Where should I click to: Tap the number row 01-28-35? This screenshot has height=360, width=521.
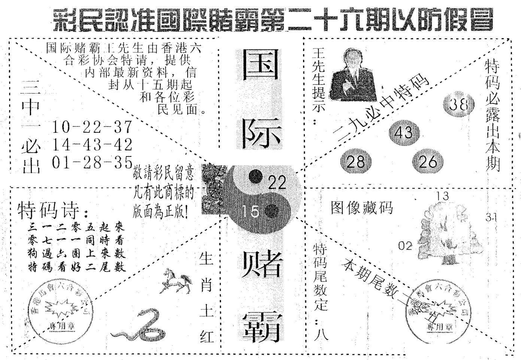[x=93, y=162]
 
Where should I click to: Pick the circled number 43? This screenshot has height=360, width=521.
[x=403, y=132]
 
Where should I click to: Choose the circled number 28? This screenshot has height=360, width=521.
[x=355, y=162]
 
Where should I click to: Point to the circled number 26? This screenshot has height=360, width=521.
[x=428, y=162]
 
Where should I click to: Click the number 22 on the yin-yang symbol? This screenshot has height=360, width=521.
[x=277, y=183]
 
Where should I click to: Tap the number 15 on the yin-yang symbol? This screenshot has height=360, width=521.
[x=250, y=212]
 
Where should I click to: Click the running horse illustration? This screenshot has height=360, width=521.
[x=176, y=281]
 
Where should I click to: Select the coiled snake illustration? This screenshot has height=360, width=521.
[x=141, y=324]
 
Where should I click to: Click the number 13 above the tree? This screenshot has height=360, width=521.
[x=442, y=196]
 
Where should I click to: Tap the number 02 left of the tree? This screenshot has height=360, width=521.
[x=405, y=246]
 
